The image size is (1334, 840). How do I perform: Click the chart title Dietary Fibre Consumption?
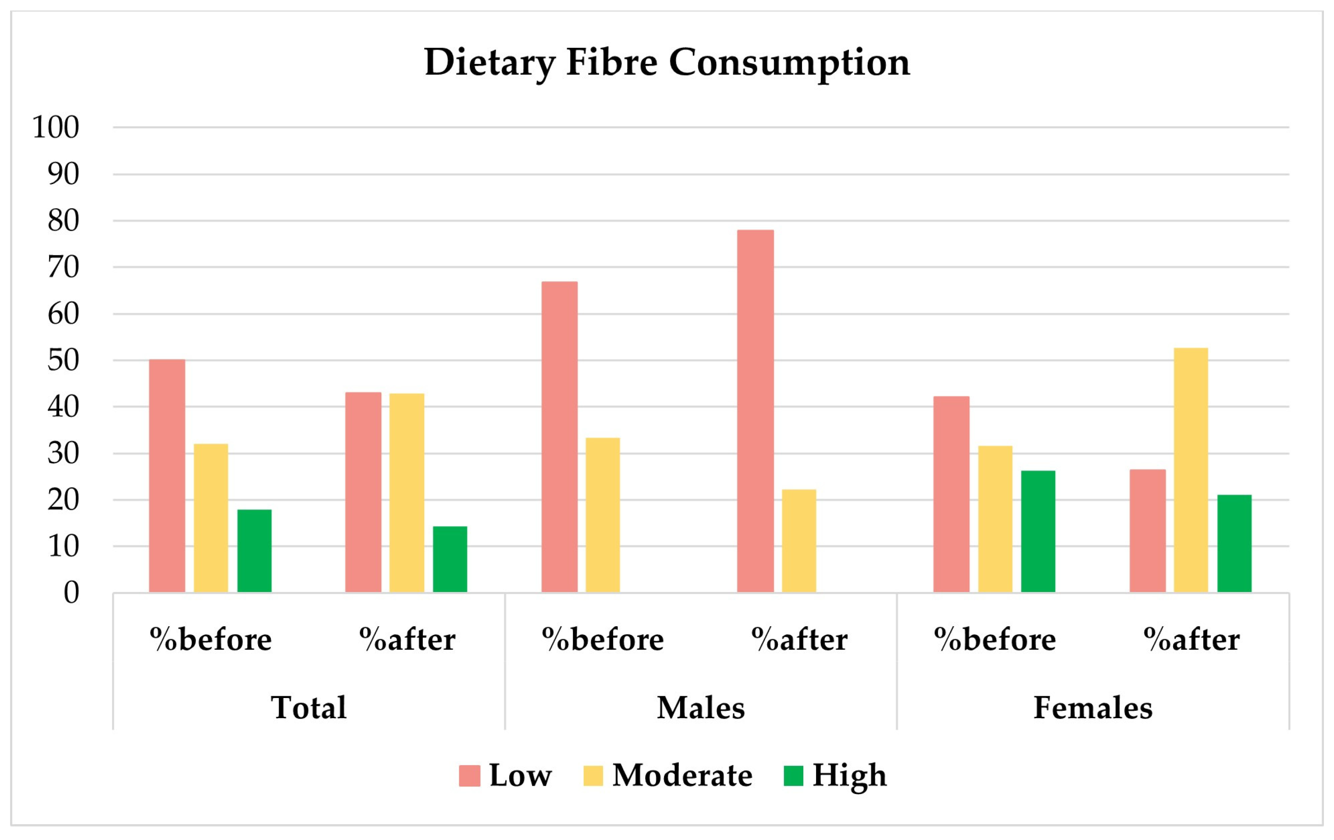tap(667, 62)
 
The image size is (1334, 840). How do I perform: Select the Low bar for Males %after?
tap(755, 411)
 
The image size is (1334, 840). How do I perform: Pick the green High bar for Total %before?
tap(254, 551)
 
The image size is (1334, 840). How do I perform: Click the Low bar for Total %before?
tap(167, 476)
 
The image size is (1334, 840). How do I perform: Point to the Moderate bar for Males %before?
tap(603, 515)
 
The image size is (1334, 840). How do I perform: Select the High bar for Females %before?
tap(1038, 532)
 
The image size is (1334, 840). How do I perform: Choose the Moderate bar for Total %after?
tap(407, 493)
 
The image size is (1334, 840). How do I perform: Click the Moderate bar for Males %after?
tap(799, 541)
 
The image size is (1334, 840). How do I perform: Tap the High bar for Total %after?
tap(450, 559)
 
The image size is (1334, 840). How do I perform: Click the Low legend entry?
tap(505, 775)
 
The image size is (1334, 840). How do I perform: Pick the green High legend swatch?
tap(793, 776)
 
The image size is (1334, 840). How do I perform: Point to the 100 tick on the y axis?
tap(56, 128)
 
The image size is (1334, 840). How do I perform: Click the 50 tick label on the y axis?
tap(63, 361)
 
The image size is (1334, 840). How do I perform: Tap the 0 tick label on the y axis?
tap(71, 593)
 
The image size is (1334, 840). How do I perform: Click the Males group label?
tap(701, 708)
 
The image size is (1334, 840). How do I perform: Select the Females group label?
tap(1093, 708)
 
